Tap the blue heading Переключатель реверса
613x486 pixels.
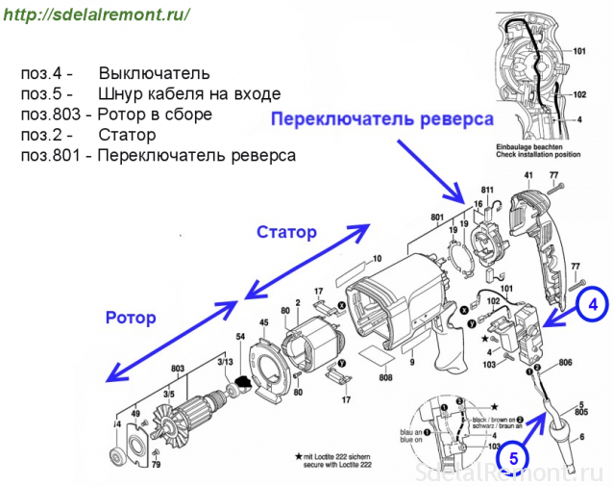click(380, 119)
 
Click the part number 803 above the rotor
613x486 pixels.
click(177, 368)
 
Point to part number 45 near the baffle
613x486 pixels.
click(262, 322)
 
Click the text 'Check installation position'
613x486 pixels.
click(551, 154)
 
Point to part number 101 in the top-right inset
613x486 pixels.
click(579, 50)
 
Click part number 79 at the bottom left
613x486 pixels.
click(156, 465)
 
